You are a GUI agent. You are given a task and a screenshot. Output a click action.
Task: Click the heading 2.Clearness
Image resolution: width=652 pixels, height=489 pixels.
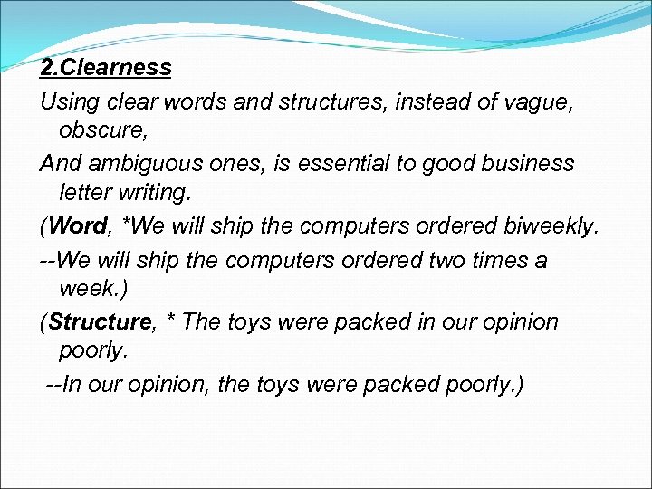click(106, 68)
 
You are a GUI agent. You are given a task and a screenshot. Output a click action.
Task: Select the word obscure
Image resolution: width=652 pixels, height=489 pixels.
click(101, 130)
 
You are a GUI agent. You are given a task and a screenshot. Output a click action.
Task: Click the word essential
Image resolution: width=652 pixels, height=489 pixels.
click(326, 163)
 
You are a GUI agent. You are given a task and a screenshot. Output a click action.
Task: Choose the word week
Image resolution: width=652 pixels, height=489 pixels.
click(86, 290)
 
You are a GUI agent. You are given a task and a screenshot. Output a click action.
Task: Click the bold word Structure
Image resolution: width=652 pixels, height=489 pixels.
click(100, 321)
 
